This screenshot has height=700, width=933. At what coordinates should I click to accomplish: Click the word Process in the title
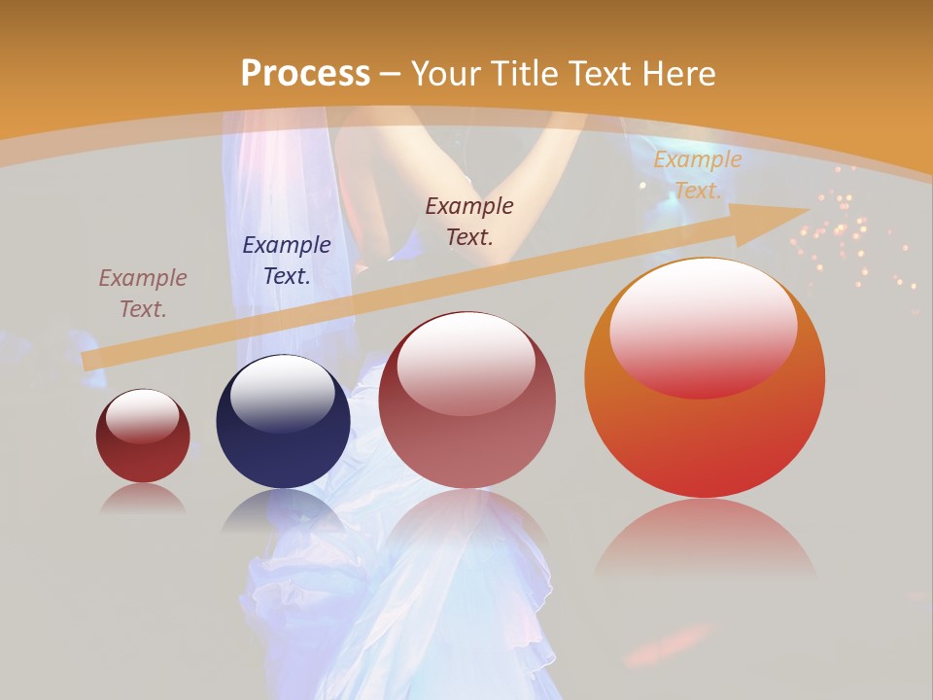(305, 74)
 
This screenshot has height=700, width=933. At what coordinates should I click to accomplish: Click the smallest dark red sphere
(143, 437)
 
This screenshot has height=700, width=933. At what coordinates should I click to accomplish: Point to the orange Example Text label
(697, 175)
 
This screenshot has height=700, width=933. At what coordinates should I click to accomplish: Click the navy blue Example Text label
(287, 261)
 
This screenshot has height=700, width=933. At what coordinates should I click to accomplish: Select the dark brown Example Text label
(469, 221)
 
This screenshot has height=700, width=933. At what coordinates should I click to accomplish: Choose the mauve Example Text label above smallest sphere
(143, 294)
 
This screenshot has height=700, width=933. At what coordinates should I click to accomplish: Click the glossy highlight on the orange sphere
(704, 327)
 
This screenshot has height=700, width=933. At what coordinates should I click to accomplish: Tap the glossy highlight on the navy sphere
(282, 393)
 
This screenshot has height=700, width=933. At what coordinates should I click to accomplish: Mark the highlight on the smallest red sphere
(143, 416)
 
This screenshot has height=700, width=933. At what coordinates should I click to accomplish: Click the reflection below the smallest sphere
(143, 498)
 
